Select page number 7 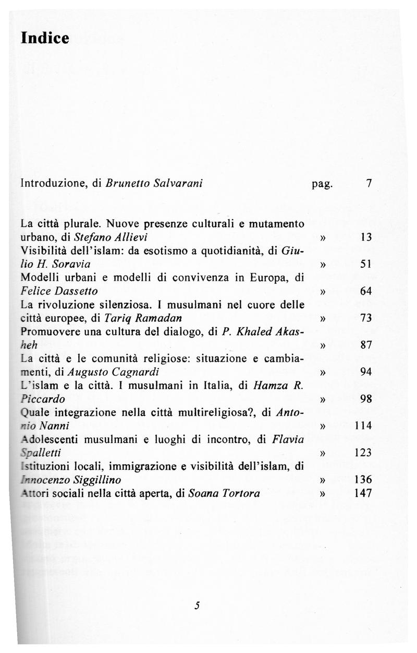pyautogui.click(x=369, y=183)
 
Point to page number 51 pyautogui.click(x=365, y=265)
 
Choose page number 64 pyautogui.click(x=365, y=291)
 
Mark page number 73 pyautogui.click(x=365, y=318)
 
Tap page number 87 pyautogui.click(x=365, y=346)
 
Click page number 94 pyautogui.click(x=365, y=372)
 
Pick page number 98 pyautogui.click(x=365, y=399)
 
